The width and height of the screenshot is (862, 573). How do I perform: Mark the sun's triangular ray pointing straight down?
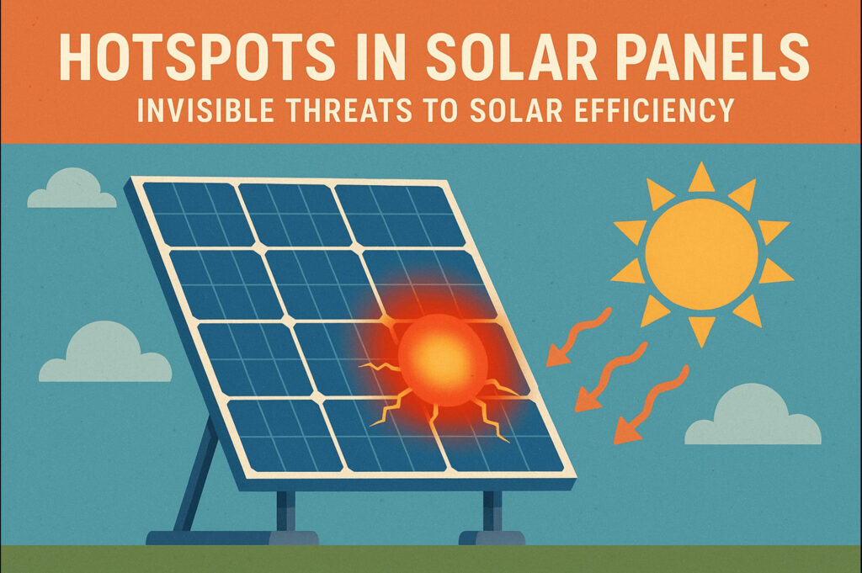tap(701, 332)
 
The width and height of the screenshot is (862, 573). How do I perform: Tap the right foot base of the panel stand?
tap(492, 537)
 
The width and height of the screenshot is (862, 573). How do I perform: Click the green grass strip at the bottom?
tap(431, 560)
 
